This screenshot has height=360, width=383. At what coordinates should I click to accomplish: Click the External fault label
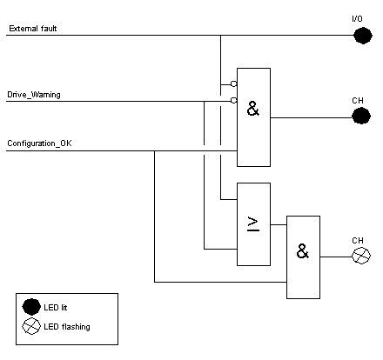33,29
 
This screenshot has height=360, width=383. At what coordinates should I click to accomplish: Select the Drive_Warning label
34,95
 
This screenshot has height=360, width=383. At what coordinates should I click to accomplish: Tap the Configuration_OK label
39,143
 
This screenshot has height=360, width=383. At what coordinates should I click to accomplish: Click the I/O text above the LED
357,19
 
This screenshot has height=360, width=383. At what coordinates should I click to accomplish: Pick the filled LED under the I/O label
363,36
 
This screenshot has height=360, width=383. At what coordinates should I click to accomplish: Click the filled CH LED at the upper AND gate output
361,116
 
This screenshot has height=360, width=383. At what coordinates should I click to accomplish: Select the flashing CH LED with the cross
361,256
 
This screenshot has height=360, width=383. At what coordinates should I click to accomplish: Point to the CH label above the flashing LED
358,241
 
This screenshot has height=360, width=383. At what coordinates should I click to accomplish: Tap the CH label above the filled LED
358,101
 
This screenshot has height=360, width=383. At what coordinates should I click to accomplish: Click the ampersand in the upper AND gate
253,109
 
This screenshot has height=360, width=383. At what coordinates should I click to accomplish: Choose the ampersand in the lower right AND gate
303,251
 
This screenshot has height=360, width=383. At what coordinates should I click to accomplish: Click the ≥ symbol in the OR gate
253,223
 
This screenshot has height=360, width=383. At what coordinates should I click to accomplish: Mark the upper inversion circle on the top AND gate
234,83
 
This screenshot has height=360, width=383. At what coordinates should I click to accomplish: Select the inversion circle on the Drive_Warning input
234,100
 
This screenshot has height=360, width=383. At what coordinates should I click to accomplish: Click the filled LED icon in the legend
31,307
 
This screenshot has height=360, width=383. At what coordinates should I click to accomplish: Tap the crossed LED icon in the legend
31,326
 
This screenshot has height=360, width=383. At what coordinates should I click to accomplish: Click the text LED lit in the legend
56,307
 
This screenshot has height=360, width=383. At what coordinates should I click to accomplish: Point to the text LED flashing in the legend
67,327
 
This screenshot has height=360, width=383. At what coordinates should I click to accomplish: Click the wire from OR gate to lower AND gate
279,224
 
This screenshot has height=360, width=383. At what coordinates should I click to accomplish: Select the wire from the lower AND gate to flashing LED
336,257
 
